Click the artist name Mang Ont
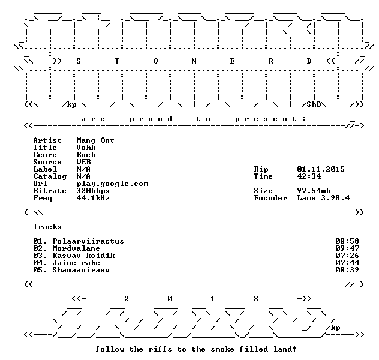click(x=95, y=140)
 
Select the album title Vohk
click(x=86, y=148)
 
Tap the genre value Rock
click(x=86, y=155)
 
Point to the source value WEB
click(x=83, y=162)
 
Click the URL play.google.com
click(x=112, y=184)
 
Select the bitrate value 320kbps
click(x=93, y=191)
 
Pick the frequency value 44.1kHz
click(x=93, y=198)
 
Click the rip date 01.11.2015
click(x=321, y=169)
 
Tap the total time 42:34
click(x=309, y=176)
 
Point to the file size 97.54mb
click(x=314, y=191)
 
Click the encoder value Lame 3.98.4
click(x=323, y=198)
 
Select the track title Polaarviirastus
click(x=88, y=241)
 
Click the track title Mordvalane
click(x=76, y=248)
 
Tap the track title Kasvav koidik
click(x=83, y=256)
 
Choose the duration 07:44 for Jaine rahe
click(x=347, y=263)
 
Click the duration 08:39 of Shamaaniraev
click(x=347, y=270)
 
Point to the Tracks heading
click(x=47, y=227)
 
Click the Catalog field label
click(x=50, y=177)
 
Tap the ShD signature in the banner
click(x=314, y=104)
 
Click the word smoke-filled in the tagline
click(x=239, y=349)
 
